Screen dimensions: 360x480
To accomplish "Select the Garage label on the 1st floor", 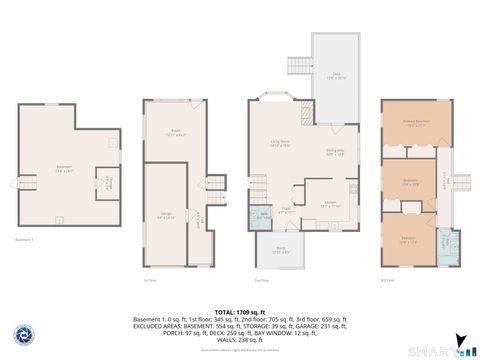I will click(166, 214).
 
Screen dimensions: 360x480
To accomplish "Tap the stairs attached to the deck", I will click(296, 66).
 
